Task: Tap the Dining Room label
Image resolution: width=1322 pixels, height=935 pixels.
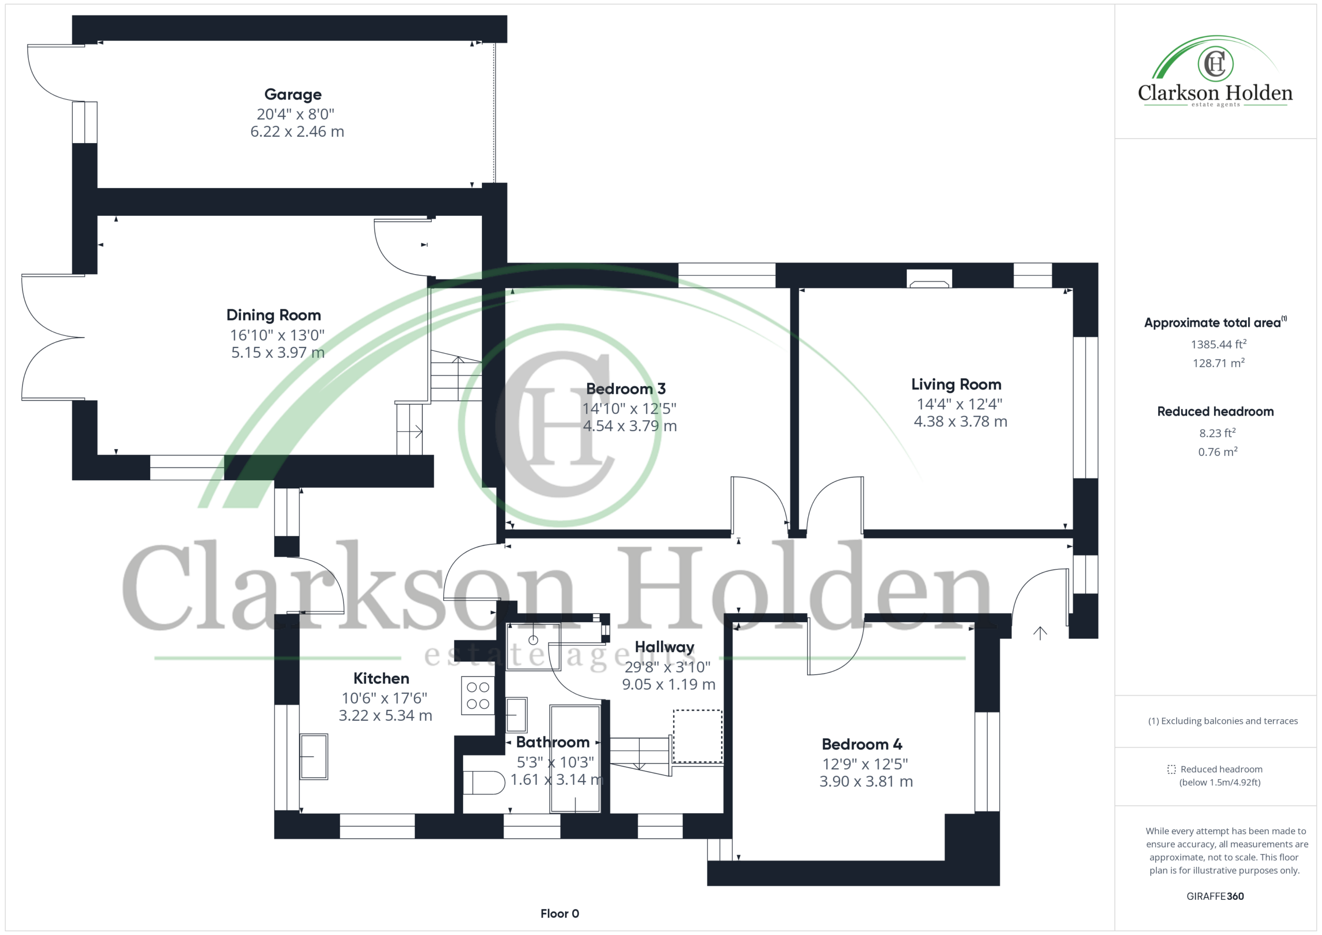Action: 274,315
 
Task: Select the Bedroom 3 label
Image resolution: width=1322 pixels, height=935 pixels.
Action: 626,389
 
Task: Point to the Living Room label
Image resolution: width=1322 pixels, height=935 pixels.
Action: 956,384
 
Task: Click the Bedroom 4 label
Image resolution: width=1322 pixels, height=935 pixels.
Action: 862,744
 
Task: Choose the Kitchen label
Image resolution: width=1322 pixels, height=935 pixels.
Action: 381,678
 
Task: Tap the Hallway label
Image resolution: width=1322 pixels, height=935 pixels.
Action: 665,647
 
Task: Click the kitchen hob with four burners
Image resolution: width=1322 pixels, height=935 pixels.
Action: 478,695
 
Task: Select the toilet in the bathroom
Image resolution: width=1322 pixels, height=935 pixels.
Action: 484,782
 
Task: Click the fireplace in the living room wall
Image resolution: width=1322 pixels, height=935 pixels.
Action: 930,279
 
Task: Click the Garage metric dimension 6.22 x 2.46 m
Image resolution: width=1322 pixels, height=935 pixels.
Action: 297,131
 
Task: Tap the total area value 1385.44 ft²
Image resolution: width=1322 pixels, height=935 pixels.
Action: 1218,344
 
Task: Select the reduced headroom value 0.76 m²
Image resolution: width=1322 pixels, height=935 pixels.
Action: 1218,452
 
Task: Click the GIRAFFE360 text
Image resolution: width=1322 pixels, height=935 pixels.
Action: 1215,896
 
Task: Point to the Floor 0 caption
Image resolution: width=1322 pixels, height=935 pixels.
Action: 560,913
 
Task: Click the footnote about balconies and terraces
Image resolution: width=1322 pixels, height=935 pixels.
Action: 1223,721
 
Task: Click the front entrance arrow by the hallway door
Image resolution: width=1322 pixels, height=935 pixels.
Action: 1040,633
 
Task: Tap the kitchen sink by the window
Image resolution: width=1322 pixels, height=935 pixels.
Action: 314,756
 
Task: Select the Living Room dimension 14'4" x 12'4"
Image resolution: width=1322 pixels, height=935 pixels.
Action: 959,404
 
